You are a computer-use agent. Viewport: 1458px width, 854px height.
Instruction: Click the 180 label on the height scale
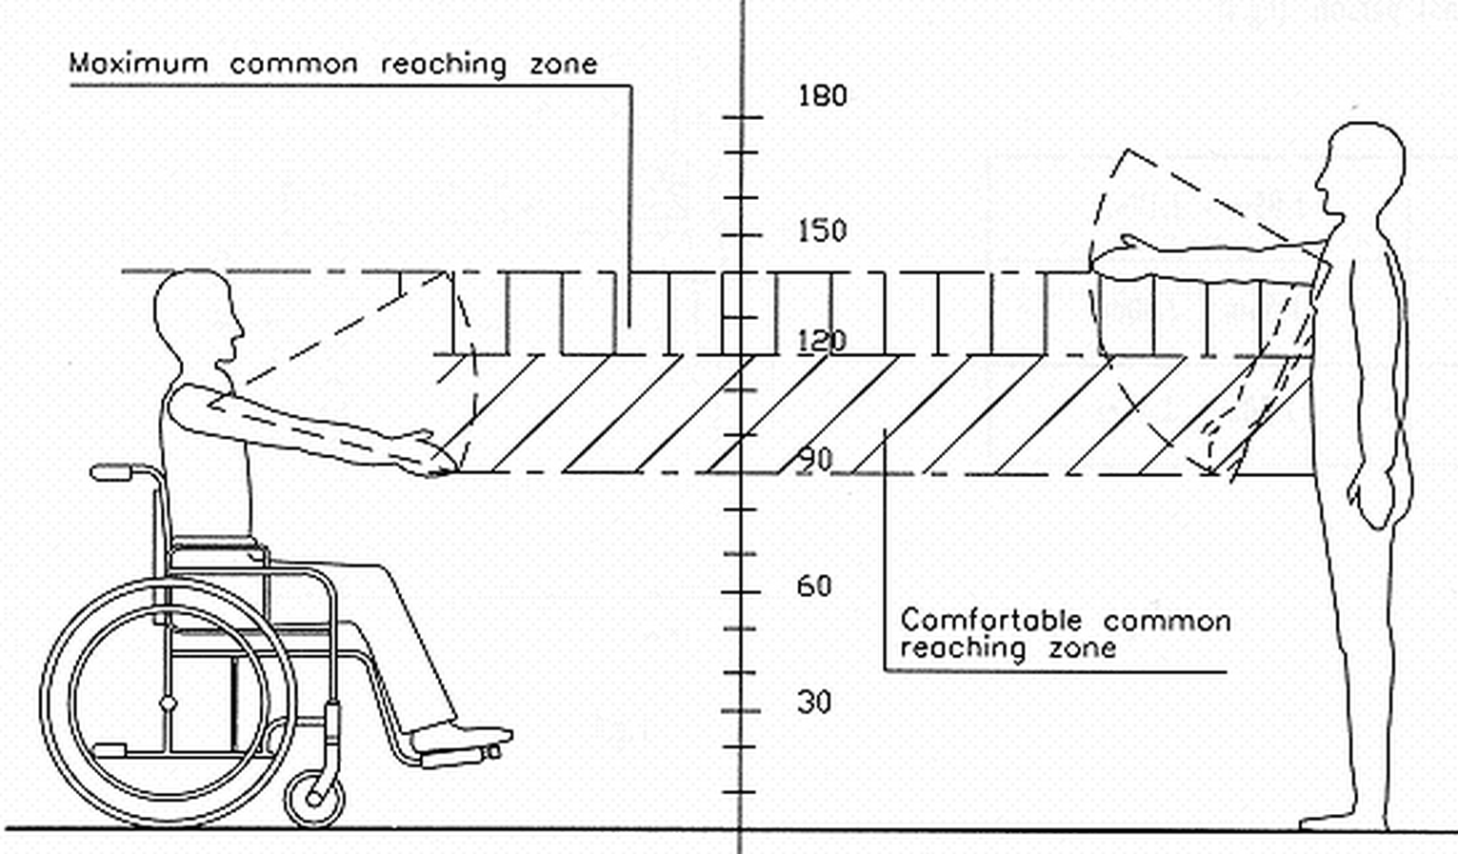[823, 96]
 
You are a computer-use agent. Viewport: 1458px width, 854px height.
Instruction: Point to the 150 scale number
[823, 231]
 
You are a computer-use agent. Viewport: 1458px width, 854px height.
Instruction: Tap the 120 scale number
[822, 341]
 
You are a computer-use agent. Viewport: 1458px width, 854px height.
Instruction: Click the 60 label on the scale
[814, 586]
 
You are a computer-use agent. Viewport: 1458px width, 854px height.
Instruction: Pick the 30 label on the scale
[814, 703]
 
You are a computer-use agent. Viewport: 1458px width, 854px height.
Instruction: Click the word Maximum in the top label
[139, 63]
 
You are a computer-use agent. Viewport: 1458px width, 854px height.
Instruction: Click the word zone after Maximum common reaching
[564, 65]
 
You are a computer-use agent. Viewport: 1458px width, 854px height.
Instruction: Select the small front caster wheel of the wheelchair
[315, 798]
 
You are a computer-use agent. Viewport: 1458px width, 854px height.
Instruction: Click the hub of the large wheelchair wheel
[169, 704]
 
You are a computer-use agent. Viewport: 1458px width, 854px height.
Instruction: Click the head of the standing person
[1359, 176]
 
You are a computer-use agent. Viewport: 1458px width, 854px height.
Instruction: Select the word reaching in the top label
[443, 65]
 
